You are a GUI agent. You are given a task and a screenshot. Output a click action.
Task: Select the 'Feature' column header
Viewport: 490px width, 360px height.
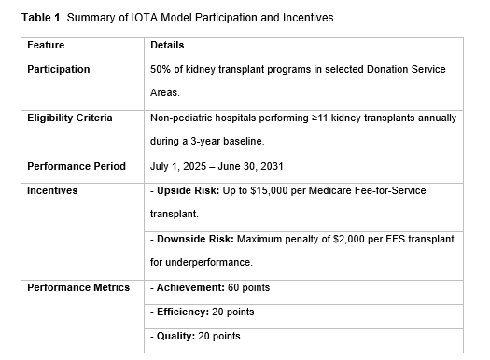[47, 45]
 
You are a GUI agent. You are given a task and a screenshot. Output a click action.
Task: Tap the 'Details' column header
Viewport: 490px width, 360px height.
[167, 45]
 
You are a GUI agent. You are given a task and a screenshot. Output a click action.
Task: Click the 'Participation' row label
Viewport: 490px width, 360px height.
[59, 69]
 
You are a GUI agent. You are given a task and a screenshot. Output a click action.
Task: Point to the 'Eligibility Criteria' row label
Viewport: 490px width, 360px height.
[70, 118]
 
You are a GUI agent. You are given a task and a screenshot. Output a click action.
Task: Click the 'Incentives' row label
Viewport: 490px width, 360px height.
[53, 190]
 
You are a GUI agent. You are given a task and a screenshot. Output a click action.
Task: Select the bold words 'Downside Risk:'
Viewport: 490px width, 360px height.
[195, 239]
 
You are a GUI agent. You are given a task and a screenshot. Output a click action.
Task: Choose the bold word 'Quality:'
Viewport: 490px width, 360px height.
[175, 336]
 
